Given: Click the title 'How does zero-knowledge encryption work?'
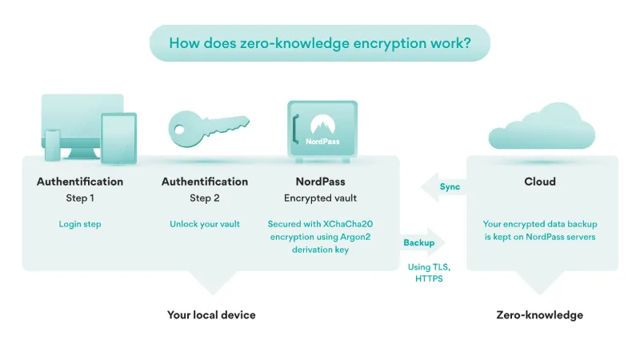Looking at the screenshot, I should [x=319, y=43].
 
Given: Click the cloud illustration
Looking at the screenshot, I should [x=542, y=129].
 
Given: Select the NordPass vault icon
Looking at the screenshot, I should [x=322, y=129].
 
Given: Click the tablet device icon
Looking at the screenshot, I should [x=118, y=138].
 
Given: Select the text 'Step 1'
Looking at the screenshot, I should [x=80, y=198].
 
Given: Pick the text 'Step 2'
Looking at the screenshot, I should [x=205, y=198].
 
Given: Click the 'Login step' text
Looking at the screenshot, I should [x=80, y=224].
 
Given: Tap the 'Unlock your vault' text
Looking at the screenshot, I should [x=205, y=224].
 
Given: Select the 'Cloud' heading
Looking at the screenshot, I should [x=540, y=182].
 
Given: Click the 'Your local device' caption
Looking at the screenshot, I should [x=211, y=315].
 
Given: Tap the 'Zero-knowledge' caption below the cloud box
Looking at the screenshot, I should [x=540, y=315].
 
